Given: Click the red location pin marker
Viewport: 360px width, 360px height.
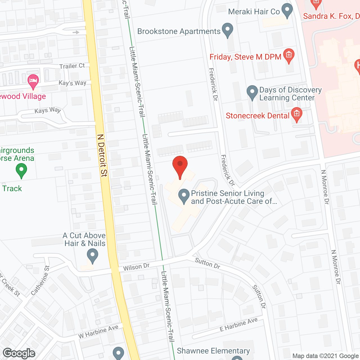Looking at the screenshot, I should coord(180,166).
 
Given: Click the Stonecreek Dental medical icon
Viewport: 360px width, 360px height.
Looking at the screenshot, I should coord(296,114).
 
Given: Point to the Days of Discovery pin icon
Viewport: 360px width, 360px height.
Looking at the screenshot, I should coord(252,92).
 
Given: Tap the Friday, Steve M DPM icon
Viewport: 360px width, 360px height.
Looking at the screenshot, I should coord(289,55).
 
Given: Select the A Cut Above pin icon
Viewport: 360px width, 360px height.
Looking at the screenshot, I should coord(92,256).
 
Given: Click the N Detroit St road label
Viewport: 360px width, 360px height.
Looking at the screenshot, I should coord(102,155).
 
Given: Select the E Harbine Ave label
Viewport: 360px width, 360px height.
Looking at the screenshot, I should coord(238,324).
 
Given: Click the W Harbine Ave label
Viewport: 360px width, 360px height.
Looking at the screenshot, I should coord(98,332).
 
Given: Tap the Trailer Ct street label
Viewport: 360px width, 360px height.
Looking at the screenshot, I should coord(72,66).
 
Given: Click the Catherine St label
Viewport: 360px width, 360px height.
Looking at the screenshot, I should coord(40,280).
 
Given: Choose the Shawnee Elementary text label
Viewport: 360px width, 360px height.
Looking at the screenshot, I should coord(213,351).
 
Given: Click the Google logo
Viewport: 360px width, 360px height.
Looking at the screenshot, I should coord(19,353).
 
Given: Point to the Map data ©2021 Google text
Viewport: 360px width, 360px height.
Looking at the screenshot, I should coord(325,356).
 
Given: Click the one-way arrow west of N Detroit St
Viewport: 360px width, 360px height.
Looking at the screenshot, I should coord(76,32).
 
